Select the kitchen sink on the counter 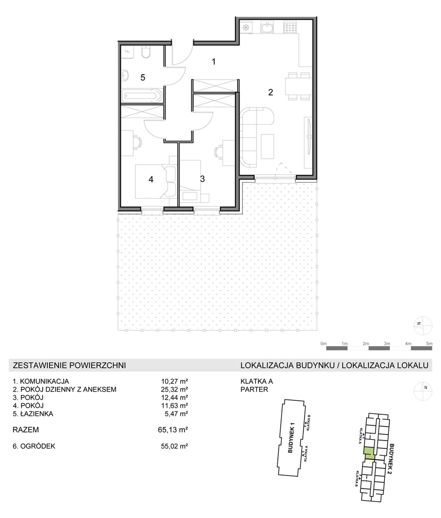(x=267, y=28)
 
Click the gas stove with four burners (x=290, y=27)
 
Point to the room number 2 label (x=270, y=92)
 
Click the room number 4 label (x=151, y=179)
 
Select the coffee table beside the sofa (x=267, y=146)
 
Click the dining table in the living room (x=298, y=86)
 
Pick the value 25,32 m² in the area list (x=174, y=389)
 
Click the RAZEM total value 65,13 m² (x=173, y=430)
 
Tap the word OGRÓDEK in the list (x=38, y=446)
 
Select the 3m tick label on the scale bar (x=387, y=343)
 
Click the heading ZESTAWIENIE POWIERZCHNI (x=69, y=365)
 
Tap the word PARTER (x=254, y=389)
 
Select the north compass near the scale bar (x=423, y=326)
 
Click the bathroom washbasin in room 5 (x=125, y=75)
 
